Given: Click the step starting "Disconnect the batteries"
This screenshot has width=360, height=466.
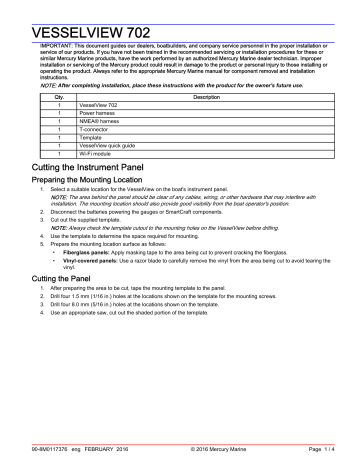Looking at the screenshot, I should click(x=160, y=213).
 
